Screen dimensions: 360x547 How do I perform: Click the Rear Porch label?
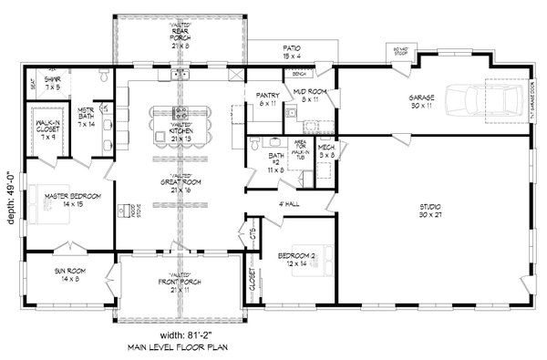coord(180,36)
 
